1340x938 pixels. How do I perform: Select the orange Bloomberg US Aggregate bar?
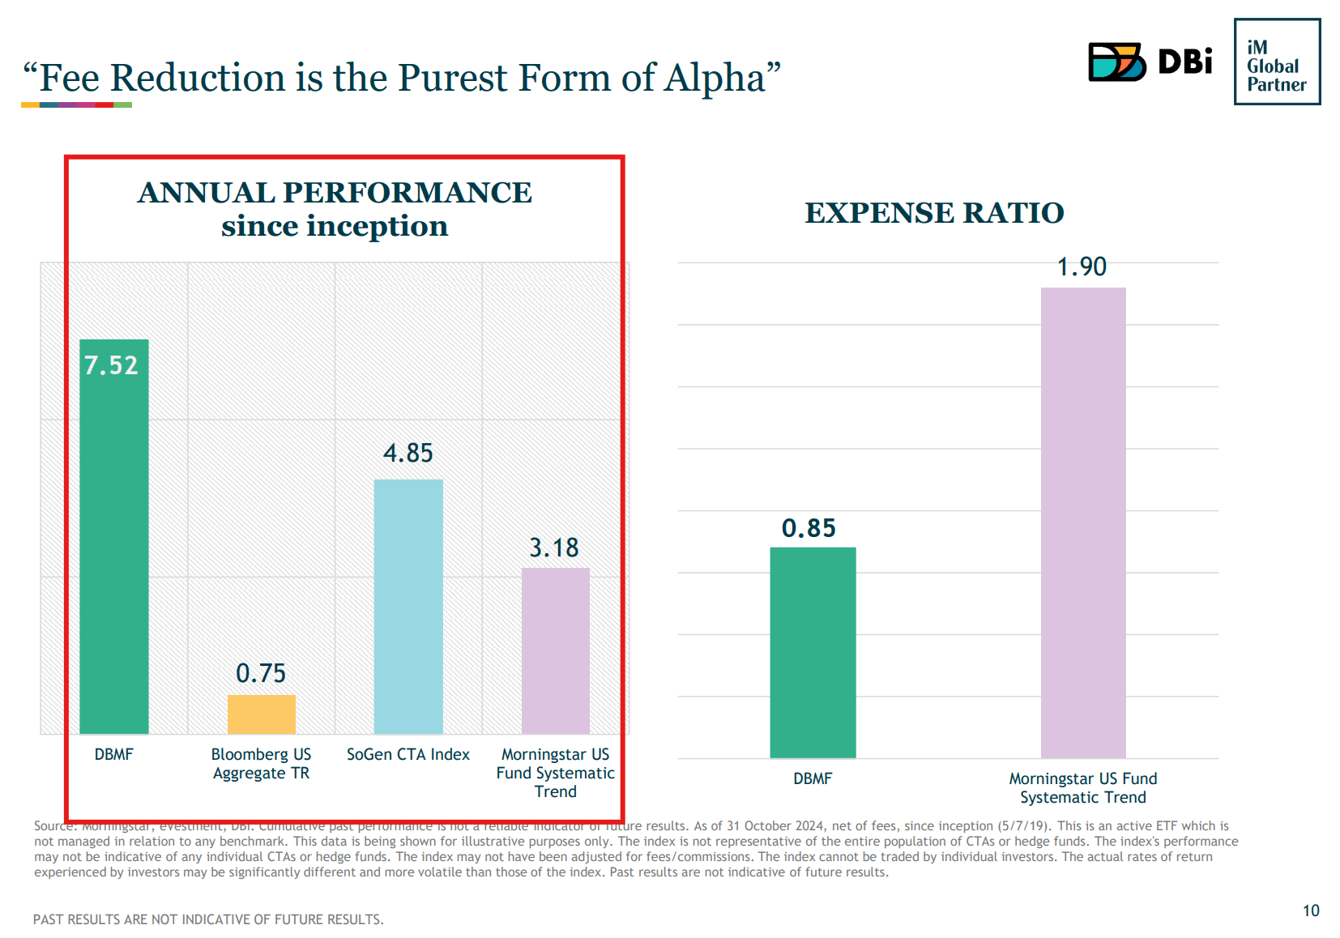[261, 714]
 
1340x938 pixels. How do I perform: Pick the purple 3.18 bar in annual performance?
[555, 651]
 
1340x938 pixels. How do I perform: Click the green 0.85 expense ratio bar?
[813, 653]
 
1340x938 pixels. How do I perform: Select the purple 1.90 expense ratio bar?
[1083, 522]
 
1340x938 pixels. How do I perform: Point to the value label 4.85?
[408, 453]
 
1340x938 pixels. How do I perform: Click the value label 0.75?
[261, 673]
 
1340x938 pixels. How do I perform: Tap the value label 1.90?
[1082, 266]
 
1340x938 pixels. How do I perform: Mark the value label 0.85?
[809, 528]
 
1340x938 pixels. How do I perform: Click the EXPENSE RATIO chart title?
[934, 213]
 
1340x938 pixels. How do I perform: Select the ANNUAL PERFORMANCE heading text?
[335, 193]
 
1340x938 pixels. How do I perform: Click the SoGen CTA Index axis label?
[408, 754]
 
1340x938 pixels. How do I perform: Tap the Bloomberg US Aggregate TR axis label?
[261, 763]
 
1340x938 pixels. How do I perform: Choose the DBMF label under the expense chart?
[813, 778]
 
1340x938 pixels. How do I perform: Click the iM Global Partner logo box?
[1277, 62]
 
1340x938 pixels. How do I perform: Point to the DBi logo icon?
[1116, 62]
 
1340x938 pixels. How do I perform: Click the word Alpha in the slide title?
[714, 79]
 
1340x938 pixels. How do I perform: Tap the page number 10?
[1311, 910]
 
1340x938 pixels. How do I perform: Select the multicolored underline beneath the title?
[76, 105]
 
